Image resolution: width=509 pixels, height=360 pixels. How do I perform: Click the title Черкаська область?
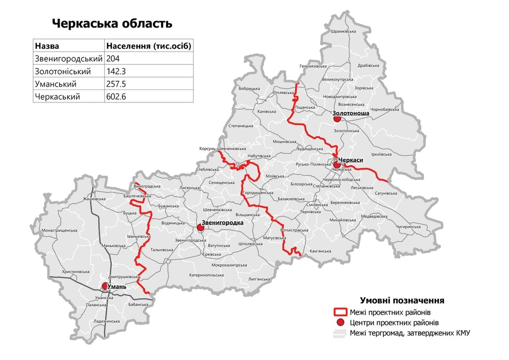(x=112, y=23)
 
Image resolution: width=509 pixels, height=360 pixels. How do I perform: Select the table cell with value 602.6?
(x=116, y=97)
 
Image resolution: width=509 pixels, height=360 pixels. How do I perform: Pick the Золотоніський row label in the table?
(x=63, y=72)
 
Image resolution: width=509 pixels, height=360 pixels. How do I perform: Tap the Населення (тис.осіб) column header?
(x=149, y=46)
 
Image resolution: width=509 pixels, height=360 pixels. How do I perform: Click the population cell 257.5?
(x=116, y=84)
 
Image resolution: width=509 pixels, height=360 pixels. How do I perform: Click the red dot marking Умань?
(x=105, y=286)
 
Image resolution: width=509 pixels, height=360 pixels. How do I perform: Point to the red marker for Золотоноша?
(x=337, y=119)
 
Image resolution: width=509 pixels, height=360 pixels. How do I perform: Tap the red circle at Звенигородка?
(x=200, y=228)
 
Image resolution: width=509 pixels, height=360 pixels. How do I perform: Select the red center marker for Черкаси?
(x=336, y=165)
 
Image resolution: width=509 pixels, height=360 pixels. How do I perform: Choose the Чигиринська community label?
(x=408, y=227)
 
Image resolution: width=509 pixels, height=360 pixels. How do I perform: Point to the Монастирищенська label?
(x=59, y=230)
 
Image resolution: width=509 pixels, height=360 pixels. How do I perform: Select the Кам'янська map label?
(x=320, y=251)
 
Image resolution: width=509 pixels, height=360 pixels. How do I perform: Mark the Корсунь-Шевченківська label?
(x=223, y=149)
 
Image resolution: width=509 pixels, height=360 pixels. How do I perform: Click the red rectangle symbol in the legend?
(x=340, y=312)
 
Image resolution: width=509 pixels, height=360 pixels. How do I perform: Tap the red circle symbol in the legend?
(x=340, y=322)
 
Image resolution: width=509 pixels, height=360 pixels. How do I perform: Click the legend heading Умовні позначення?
(x=402, y=300)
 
